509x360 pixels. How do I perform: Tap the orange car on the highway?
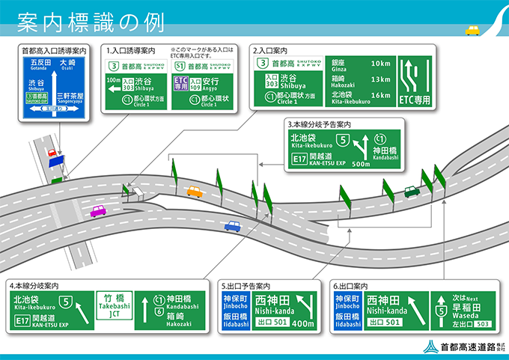[x=195, y=192]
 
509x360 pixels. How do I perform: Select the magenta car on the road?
[x=98, y=211]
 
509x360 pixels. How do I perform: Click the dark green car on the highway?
[x=411, y=191]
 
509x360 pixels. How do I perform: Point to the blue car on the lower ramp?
[x=232, y=225]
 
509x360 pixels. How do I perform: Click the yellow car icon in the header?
[x=472, y=30]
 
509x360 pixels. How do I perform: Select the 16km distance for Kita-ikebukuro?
[x=380, y=95]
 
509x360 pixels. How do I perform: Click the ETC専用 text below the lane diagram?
[x=415, y=99]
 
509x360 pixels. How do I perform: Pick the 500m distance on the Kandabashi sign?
[x=362, y=163]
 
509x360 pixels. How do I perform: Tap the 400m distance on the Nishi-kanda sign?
[x=303, y=323]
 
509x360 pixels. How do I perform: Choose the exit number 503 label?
[x=484, y=324]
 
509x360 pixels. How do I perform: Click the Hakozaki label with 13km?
[x=345, y=82]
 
